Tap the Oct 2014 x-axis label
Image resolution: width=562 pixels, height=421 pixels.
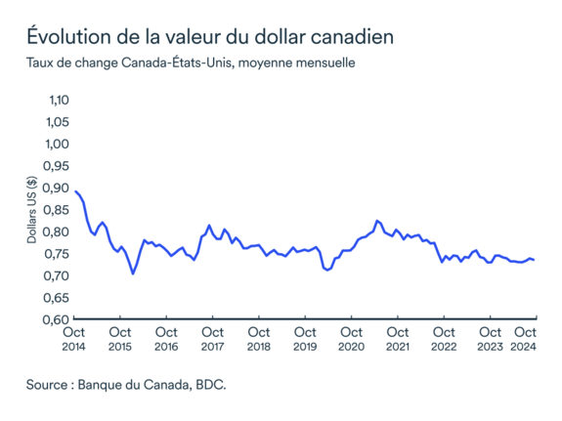pos(74,339)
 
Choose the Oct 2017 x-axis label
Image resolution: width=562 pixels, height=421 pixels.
pos(212,339)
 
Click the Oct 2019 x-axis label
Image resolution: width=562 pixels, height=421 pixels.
pos(305,339)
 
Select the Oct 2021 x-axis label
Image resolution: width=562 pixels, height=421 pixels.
pos(397,339)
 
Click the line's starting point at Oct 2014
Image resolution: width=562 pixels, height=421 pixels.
pos(75,190)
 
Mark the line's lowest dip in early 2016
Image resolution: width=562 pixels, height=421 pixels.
pos(133,274)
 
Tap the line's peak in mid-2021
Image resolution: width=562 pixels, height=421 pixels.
pos(377,221)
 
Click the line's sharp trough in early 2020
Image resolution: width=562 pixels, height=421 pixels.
pos(327,270)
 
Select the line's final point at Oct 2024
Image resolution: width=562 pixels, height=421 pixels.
pos(535,260)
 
